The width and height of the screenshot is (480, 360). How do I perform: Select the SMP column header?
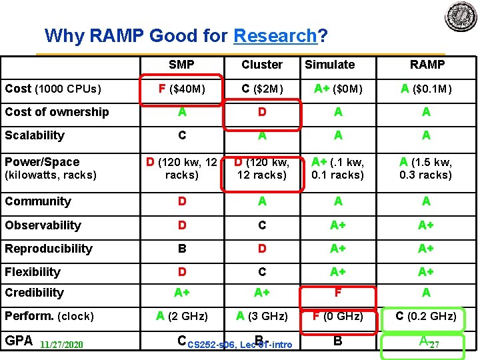(181, 65)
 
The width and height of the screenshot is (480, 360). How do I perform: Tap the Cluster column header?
(262, 65)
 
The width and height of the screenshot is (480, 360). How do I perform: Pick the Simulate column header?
(329, 65)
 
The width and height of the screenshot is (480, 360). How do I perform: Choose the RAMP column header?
(427, 65)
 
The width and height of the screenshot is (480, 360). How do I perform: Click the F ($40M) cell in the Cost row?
(181, 89)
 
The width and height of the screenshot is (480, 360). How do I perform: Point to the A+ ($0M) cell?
(339, 89)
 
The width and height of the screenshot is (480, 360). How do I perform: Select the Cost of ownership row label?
(57, 112)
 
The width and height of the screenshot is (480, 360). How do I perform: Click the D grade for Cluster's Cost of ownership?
(262, 112)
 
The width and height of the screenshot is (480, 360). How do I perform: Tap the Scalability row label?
(35, 135)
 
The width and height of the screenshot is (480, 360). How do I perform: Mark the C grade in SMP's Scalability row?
(181, 135)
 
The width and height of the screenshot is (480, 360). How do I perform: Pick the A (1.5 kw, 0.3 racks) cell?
(426, 168)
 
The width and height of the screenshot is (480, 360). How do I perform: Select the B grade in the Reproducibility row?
(181, 249)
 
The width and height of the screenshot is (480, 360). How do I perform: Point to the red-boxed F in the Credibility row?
(339, 293)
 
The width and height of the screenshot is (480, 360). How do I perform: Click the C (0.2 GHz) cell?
(426, 316)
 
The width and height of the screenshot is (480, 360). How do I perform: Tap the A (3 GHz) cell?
(262, 316)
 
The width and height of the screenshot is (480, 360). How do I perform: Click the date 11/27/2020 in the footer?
(61, 345)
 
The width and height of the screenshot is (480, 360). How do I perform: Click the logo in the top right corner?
(461, 17)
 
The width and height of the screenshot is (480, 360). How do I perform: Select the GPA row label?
(19, 340)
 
